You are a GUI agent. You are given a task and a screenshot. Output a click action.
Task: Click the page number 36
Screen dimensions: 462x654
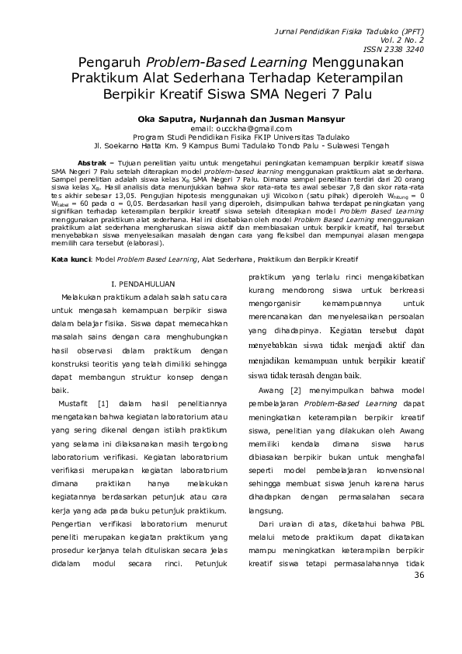tap(421, 575)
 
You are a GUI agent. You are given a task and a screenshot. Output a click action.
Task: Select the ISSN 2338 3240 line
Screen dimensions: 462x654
tap(400, 47)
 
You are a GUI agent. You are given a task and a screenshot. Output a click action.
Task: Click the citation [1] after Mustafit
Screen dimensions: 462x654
tap(102, 403)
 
